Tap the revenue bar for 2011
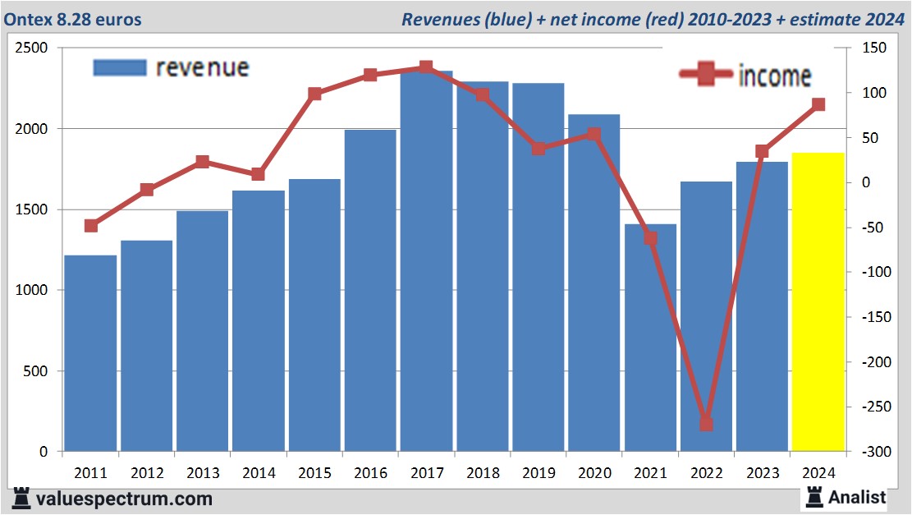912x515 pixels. [90, 353]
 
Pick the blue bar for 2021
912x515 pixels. [650, 338]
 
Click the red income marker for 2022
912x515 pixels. [706, 424]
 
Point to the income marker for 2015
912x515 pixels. [314, 94]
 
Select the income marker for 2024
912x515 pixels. [818, 104]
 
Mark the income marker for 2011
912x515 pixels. [91, 226]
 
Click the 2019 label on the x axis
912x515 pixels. [538, 473]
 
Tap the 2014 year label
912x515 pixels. [259, 473]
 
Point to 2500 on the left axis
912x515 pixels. [31, 48]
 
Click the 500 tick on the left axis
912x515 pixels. [36, 371]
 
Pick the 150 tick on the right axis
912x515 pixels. [873, 48]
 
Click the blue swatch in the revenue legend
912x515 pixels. [120, 67]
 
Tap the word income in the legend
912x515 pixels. [775, 76]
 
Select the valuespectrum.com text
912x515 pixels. [123, 499]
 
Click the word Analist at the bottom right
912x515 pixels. [857, 497]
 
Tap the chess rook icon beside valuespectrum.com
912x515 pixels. [22, 498]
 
